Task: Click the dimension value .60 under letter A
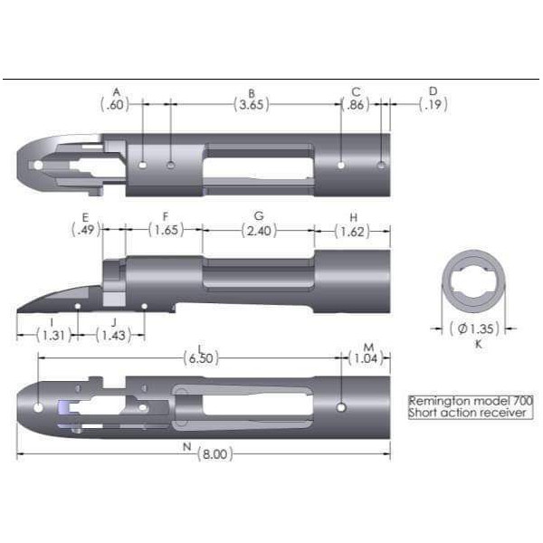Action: click(115, 105)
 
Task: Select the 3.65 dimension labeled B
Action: click(251, 105)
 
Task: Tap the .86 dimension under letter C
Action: click(356, 105)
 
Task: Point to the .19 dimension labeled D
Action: click(433, 105)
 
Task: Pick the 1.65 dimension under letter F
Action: click(164, 231)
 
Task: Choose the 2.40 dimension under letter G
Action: click(258, 231)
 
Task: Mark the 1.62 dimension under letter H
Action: click(353, 231)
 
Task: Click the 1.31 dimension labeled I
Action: click(52, 335)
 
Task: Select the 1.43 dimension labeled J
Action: click(114, 335)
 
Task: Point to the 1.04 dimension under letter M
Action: click(367, 359)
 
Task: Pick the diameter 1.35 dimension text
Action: click(477, 329)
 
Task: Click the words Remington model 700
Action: click(470, 400)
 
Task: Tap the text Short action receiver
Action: click(467, 413)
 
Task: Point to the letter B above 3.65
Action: click(251, 91)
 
